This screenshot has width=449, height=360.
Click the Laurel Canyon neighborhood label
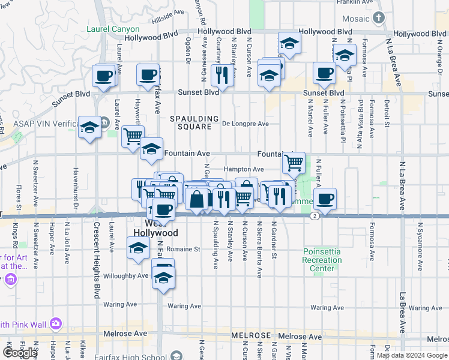coord(113,29)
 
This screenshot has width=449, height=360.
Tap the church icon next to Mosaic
coord(378,19)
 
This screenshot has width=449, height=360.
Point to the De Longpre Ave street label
coord(245,124)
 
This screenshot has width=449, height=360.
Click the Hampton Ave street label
coord(244,170)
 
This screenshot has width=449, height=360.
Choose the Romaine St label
coord(184,248)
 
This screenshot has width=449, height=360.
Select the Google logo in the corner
coord(20,353)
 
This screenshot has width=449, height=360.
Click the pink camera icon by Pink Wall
coord(56,323)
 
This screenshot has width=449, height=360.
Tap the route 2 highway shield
coord(314,216)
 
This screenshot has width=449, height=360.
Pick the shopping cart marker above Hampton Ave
coord(294,161)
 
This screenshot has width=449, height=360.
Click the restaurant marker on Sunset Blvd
coord(222,75)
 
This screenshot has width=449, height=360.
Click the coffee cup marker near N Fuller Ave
coord(325,198)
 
